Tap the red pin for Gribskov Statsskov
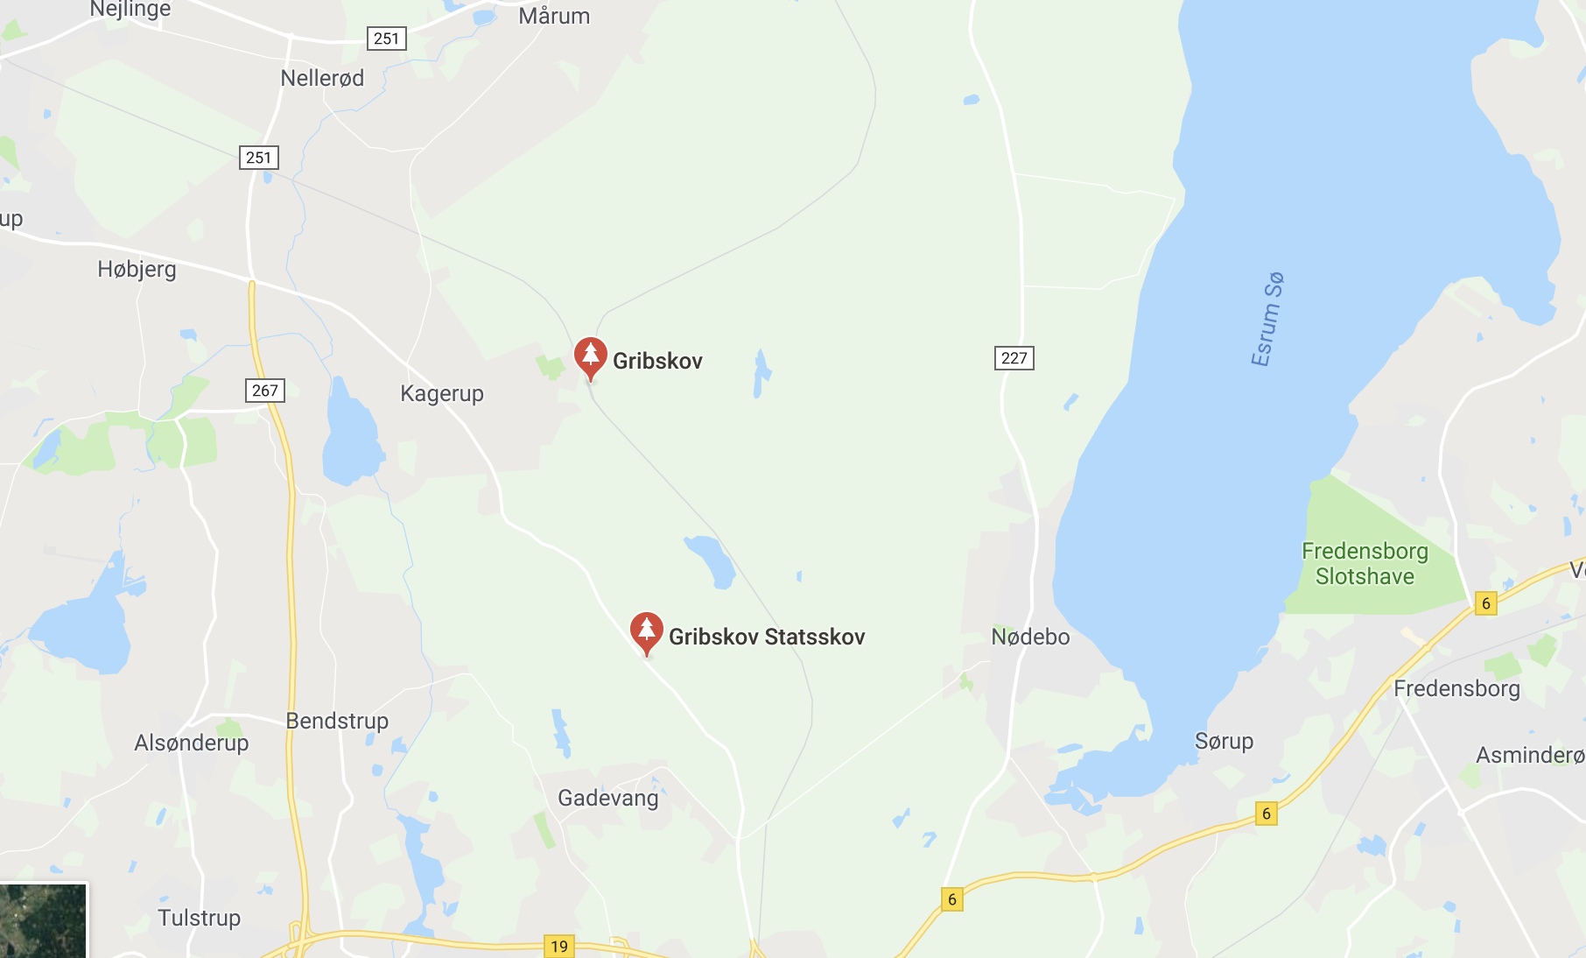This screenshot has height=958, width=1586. tap(647, 631)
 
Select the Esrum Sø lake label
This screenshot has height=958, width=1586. tap(1267, 320)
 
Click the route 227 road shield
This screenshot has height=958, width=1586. tap(1014, 358)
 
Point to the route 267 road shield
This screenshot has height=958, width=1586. tap(264, 391)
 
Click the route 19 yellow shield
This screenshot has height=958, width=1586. tap(559, 946)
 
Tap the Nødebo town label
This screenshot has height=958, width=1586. tap(1030, 637)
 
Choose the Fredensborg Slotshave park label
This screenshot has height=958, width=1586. tap(1365, 564)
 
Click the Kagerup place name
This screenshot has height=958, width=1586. tap(442, 393)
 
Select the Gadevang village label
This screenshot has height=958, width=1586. tap(608, 798)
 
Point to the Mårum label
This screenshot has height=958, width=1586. tap(554, 16)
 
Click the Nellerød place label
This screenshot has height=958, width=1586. tap(322, 78)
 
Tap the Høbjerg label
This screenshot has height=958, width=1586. tap(137, 269)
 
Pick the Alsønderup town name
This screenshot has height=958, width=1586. tap(192, 743)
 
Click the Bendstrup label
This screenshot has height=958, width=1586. tap(337, 721)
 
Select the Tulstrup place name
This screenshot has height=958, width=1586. tap(199, 918)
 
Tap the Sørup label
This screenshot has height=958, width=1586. tap(1224, 741)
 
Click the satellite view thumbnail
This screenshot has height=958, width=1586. tap(43, 920)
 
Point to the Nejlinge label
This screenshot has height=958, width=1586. tap(130, 10)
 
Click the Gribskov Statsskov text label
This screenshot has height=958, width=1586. tap(767, 637)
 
